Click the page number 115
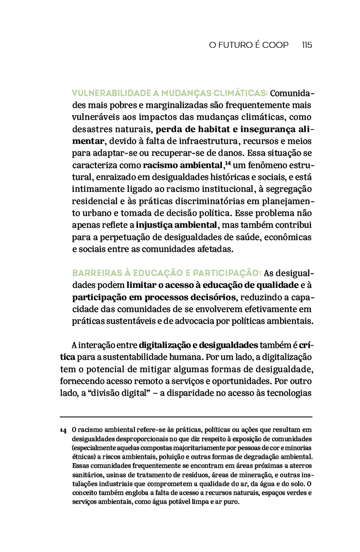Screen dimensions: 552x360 [307, 45]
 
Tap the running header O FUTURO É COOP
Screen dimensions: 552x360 [249, 45]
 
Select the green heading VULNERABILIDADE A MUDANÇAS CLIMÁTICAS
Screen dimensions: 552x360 [169, 93]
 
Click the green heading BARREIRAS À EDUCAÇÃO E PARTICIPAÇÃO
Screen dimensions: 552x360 [167, 273]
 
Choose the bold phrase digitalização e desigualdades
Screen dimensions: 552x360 [198, 345]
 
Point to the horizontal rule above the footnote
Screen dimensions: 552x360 [186, 417]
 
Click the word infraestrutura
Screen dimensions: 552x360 [213, 141]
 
